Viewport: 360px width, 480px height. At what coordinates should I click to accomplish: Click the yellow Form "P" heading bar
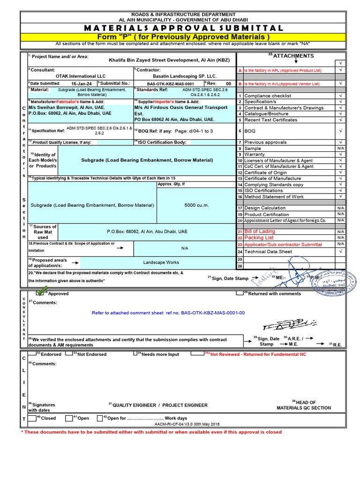pyautogui.click(x=183, y=37)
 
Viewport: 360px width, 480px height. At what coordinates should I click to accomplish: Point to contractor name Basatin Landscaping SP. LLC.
pyautogui.click(x=185, y=76)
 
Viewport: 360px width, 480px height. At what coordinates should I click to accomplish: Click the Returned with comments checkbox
pyautogui.click(x=240, y=293)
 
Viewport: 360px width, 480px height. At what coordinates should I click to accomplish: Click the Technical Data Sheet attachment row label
pyautogui.click(x=268, y=252)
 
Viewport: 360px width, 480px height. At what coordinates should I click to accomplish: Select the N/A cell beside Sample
pyautogui.click(x=340, y=148)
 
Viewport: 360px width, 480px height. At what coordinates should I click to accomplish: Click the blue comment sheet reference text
pyautogui.click(x=168, y=313)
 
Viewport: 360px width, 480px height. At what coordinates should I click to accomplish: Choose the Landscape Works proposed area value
pyautogui.click(x=161, y=262)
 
